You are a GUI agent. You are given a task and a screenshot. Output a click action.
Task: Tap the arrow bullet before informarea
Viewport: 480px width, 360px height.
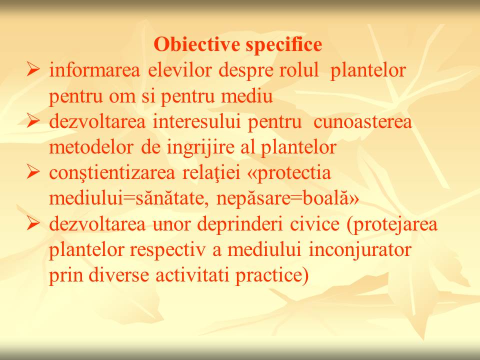coord(33,69)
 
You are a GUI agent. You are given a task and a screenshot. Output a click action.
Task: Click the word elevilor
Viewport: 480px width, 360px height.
coord(180,70)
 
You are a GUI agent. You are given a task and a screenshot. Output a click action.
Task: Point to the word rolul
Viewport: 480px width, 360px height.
coord(299,70)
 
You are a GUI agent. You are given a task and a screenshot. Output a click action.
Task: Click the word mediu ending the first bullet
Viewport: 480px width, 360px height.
coord(246,96)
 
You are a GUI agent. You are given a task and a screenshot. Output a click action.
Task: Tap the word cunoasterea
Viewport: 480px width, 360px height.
coord(362,122)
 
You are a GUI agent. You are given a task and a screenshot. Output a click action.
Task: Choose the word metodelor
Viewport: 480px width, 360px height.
coord(91,147)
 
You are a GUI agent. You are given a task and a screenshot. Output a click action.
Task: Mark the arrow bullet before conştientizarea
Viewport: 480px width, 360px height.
coord(33,171)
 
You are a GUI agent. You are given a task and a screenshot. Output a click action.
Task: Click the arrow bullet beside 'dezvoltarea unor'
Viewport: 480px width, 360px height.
coord(33,223)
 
